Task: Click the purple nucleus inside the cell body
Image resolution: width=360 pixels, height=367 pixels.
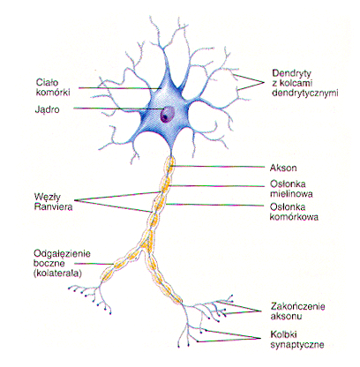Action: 167,115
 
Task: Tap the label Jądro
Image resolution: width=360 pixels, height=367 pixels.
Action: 47,109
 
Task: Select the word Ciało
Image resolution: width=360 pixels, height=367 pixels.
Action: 47,82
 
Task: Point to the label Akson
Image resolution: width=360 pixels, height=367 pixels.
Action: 283,168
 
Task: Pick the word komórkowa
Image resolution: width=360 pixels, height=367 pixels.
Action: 294,217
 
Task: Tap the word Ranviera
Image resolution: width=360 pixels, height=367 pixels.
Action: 53,206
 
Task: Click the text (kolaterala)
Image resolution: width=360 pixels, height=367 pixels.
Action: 57,273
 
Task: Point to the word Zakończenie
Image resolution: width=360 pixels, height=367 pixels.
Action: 297,306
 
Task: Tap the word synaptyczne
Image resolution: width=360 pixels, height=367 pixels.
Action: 297,345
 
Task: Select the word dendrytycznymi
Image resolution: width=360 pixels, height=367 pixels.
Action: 305,94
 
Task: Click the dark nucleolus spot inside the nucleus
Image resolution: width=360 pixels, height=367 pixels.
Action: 165,117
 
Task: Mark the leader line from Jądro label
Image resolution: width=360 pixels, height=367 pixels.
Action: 117,109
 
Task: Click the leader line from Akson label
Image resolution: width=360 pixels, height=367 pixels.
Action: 217,167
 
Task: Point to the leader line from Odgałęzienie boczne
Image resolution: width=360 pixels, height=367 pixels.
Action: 94,264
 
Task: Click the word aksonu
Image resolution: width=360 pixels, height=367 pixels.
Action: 286,317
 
